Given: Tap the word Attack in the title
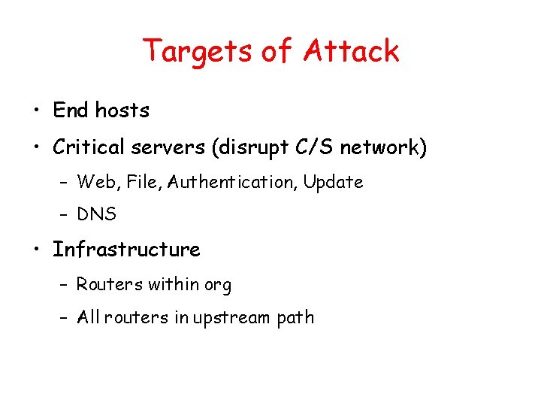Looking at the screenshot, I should pos(351,52).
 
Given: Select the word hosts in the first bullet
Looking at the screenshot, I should pos(122,111).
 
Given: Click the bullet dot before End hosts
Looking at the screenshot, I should pos(36,112).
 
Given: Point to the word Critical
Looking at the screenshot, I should pos(89,147).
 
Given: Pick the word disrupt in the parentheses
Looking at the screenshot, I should pos(244,148).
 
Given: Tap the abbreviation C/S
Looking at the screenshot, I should pos(310,147).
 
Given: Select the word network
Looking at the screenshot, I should pos(379,147).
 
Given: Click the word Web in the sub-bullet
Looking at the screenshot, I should pos(93,182).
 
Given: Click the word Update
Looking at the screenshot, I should pos(333,183).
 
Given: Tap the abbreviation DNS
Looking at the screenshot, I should pos(96,214).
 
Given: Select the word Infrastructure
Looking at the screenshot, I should pos(126,250).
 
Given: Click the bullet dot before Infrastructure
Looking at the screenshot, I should pos(36,251).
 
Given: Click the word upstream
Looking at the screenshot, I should pos(231,318).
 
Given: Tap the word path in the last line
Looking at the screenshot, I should pos(295,318).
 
